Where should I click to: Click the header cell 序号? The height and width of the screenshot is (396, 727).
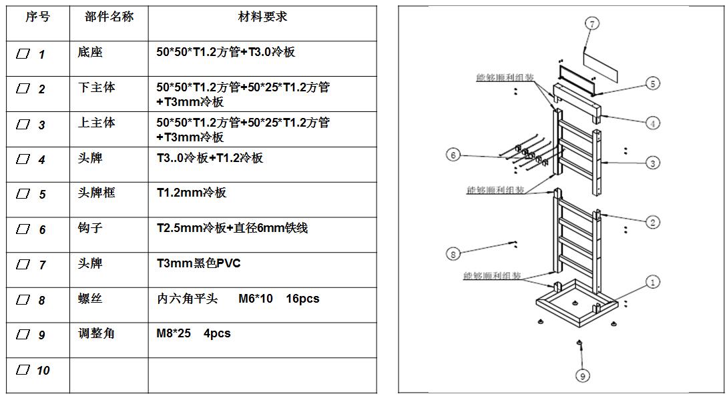pyautogui.click(x=37, y=17)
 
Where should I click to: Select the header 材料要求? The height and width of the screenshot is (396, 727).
pyautogui.click(x=262, y=17)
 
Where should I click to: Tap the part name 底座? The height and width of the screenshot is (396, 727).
pyautogui.click(x=90, y=52)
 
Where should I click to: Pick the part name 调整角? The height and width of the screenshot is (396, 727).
pyautogui.click(x=96, y=333)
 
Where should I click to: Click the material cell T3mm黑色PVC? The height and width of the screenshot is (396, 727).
pyautogui.click(x=198, y=263)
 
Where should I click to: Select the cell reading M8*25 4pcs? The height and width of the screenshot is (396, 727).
pyautogui.click(x=194, y=333)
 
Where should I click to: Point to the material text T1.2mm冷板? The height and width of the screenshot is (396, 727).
pyautogui.click(x=192, y=193)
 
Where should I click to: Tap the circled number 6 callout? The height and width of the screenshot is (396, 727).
pyautogui.click(x=453, y=155)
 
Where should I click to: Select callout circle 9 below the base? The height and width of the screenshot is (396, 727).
pyautogui.click(x=582, y=376)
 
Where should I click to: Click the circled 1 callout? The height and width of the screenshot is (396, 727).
pyautogui.click(x=652, y=282)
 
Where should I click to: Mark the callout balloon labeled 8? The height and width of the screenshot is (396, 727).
pyautogui.click(x=453, y=253)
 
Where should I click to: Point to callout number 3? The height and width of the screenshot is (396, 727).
pyautogui.click(x=653, y=163)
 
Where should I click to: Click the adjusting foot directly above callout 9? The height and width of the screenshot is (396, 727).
pyautogui.click(x=579, y=343)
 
